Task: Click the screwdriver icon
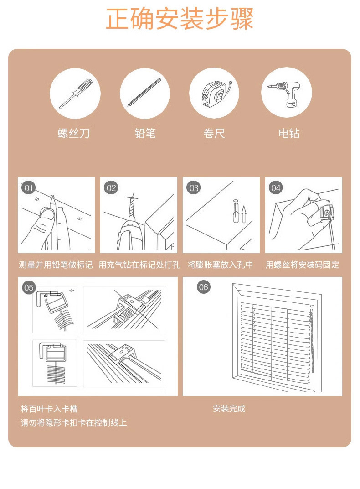[x=76, y=93]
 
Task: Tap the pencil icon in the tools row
[x=144, y=93]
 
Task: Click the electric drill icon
[x=284, y=93]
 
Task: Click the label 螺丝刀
[x=74, y=133]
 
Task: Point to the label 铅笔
[x=145, y=133]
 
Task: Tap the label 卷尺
[x=214, y=133]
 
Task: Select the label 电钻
[x=289, y=133]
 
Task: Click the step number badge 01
[x=29, y=188]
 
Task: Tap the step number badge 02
[x=111, y=188]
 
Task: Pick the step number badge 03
[x=194, y=188]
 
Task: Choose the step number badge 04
[x=276, y=188]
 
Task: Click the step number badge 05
[x=29, y=287]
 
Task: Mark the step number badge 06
[x=203, y=287]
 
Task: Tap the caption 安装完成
[x=229, y=409]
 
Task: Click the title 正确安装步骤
[x=180, y=19]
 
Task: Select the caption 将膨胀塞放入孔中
[x=220, y=265]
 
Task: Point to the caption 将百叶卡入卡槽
[x=49, y=409]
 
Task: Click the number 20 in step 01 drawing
[x=79, y=219]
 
